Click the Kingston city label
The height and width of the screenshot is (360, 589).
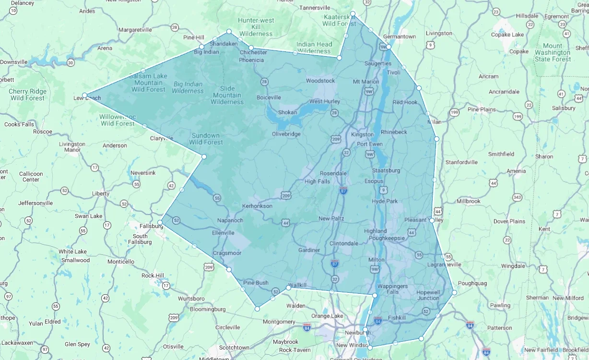[x=362, y=134]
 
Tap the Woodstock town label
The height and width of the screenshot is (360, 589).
[x=320, y=81]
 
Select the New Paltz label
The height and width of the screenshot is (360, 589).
[x=331, y=218]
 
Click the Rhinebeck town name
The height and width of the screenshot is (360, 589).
[x=394, y=132]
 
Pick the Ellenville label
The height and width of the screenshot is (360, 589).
[x=223, y=233]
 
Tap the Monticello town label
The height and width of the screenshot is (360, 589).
[x=121, y=262]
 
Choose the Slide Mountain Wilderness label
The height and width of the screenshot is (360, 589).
[x=227, y=95]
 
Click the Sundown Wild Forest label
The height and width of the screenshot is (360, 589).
[x=206, y=139]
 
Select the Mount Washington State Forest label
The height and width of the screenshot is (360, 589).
[x=553, y=52]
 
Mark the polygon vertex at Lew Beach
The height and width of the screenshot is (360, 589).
[x=84, y=95]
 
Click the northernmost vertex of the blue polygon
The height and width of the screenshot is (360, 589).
[x=353, y=13]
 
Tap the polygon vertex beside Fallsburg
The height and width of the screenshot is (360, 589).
[x=160, y=222]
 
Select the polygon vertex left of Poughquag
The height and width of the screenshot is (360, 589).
[x=454, y=292]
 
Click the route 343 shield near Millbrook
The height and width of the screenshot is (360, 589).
[x=517, y=197]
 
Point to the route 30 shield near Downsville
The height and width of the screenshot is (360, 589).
[x=71, y=62]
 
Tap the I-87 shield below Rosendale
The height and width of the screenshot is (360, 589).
[x=342, y=191]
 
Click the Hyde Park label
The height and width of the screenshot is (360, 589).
[x=385, y=201]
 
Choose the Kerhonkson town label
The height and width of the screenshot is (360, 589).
[x=258, y=206]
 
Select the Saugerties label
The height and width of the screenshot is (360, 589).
[x=378, y=63]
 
